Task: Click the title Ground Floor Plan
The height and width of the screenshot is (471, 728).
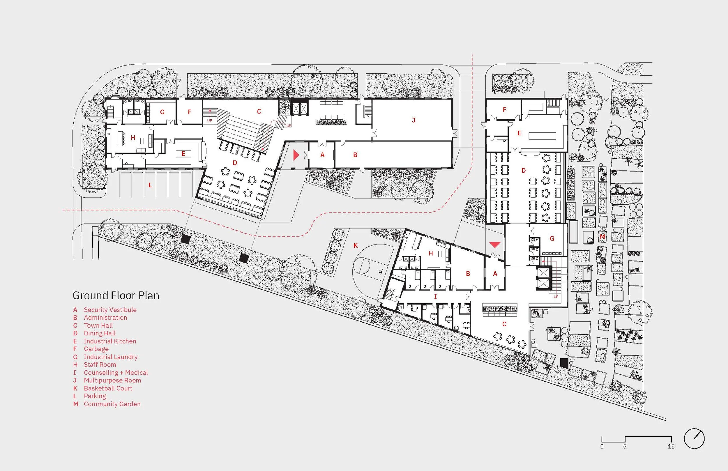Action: (116, 295)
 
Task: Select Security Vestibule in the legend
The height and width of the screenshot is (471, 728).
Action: (110, 310)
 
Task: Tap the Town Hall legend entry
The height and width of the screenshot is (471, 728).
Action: (98, 325)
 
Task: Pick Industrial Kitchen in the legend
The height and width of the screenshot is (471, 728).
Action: (110, 341)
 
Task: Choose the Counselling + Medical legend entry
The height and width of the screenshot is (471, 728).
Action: (116, 373)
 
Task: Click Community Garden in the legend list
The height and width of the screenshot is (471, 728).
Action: (112, 404)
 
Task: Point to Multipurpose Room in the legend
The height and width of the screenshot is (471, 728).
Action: (112, 380)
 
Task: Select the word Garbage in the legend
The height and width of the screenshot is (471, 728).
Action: (96, 349)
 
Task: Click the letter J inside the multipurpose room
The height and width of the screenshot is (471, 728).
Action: (414, 120)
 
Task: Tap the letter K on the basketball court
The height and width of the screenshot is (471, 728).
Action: (356, 246)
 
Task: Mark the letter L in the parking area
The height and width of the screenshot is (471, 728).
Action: (150, 185)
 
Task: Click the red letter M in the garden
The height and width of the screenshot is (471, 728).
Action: (602, 236)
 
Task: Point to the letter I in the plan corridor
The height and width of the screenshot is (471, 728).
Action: (435, 296)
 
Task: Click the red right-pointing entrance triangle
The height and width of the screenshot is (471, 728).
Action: (296, 155)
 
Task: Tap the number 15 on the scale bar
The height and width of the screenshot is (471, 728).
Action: (671, 447)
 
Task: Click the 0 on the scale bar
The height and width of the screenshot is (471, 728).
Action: (602, 447)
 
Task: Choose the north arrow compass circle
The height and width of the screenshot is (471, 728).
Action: (694, 439)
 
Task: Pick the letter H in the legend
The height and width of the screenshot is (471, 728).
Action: (75, 365)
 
